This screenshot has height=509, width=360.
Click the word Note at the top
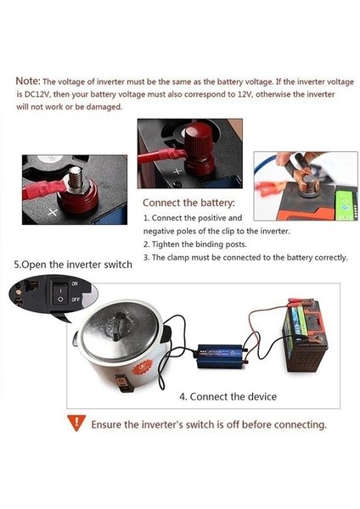pyautogui.click(x=27, y=80)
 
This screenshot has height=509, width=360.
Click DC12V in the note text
pyautogui.click(x=28, y=93)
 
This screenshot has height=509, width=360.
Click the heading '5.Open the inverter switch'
pyautogui.click(x=73, y=264)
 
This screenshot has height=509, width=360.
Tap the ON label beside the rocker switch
pyautogui.click(x=75, y=283)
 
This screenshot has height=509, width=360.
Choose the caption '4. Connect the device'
pyautogui.click(x=228, y=396)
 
